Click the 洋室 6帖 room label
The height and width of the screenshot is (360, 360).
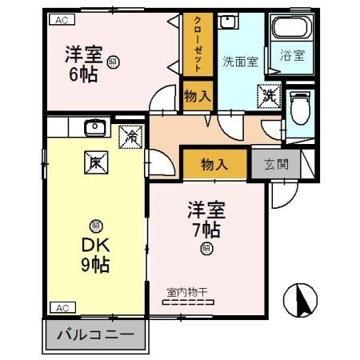[83, 63]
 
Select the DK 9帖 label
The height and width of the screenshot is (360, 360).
[94, 252]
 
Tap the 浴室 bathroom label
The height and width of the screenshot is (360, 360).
[291, 56]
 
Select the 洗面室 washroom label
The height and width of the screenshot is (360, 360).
[240, 62]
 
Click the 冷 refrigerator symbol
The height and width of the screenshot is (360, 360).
[130, 136]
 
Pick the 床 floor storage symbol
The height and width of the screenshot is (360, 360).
[95, 162]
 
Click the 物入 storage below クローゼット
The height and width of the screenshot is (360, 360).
[198, 96]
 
